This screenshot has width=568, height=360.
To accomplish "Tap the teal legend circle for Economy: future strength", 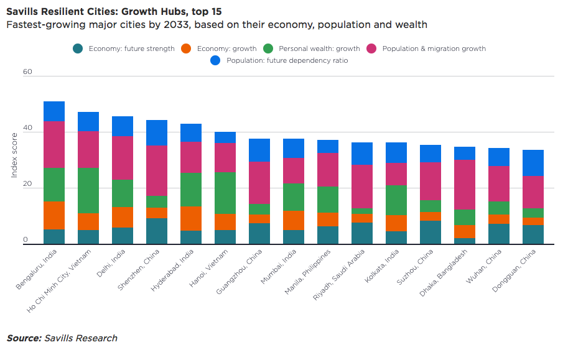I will coord(78,48).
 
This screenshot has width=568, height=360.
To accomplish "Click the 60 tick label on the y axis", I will coord(27,72).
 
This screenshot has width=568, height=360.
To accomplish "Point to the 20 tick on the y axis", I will coord(27,185).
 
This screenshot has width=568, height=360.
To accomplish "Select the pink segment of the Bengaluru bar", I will coord(54,145).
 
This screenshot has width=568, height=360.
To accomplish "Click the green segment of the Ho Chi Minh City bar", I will coord(88,190).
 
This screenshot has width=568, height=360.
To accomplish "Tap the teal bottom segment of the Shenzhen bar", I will coord(157,231).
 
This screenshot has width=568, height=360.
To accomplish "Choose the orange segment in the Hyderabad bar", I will coord(191,218).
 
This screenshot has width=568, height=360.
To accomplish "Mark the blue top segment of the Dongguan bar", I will coord(533,163).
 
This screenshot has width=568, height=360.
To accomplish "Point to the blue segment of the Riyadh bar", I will coord(361,154).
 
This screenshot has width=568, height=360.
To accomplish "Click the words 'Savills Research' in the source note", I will coord(80,338).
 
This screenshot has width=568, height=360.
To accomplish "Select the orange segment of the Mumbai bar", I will coord(294,221).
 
